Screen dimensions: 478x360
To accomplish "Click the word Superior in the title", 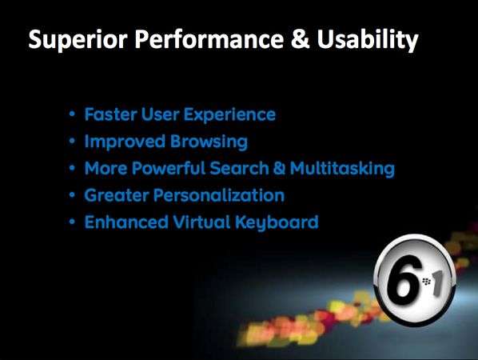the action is click(x=78, y=40).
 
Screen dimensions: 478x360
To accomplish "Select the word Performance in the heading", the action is click(x=209, y=39).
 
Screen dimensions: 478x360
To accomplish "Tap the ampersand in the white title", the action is click(x=301, y=39).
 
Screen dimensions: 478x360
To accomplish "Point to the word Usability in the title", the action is click(x=368, y=41).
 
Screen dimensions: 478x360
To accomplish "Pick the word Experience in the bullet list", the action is click(x=229, y=115).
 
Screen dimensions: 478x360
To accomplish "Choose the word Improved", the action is click(x=125, y=142).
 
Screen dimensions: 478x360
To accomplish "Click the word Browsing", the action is click(x=209, y=142).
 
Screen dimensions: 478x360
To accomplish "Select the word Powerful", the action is click(x=169, y=169).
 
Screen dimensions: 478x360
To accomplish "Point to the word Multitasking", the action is click(x=342, y=169).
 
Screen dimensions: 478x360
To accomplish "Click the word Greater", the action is click(x=117, y=195).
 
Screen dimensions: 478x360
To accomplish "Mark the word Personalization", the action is click(x=219, y=195).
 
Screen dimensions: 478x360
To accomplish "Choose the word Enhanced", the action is click(x=126, y=222).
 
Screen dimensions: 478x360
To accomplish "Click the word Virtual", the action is click(x=201, y=222).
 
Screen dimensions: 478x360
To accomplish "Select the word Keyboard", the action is click(x=277, y=222).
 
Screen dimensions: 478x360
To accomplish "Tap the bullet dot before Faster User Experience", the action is click(x=72, y=114).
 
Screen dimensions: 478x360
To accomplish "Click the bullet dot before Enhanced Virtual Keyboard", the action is click(x=72, y=222).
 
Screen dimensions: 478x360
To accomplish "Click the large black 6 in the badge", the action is click(x=402, y=278).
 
